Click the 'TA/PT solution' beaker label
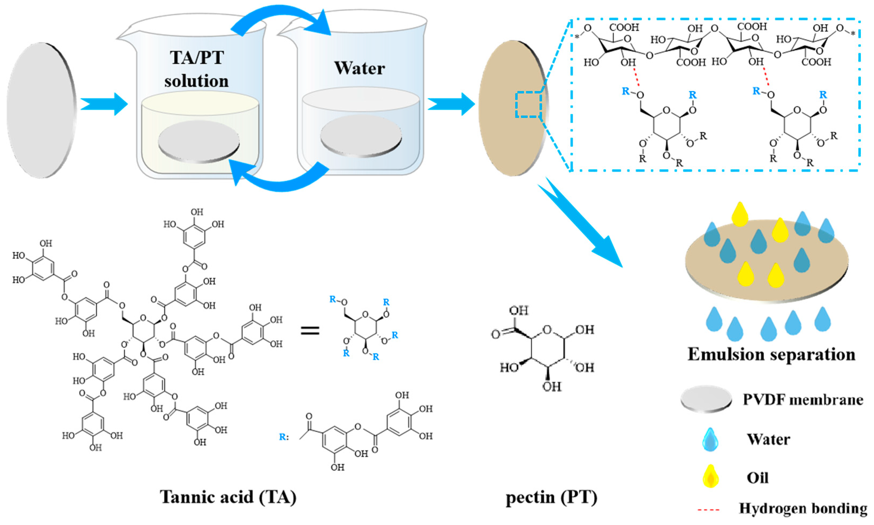click(x=197, y=69)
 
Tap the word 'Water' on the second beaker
click(x=359, y=68)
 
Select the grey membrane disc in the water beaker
click(x=361, y=135)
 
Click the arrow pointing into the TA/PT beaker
click(x=105, y=104)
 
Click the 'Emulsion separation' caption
click(x=771, y=354)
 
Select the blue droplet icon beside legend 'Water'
click(x=710, y=439)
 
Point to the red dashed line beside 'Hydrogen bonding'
click(x=708, y=510)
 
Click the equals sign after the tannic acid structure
click(x=310, y=331)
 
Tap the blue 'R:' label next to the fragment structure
click(x=284, y=437)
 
